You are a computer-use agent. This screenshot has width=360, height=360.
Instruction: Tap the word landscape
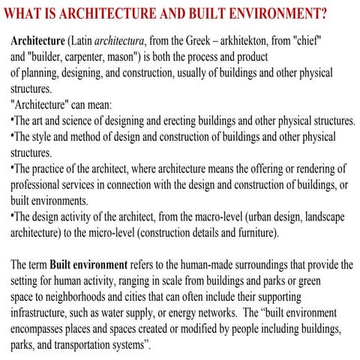point(321,217)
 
